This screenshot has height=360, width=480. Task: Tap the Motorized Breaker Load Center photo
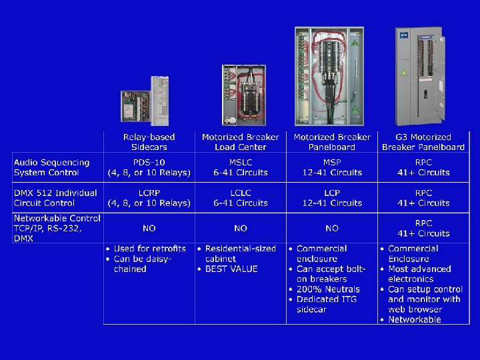tap(243, 95)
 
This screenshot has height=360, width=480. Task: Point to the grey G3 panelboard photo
tap(418, 75)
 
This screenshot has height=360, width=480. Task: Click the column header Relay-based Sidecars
tap(149, 142)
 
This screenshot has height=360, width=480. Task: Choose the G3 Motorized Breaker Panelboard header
tap(423, 142)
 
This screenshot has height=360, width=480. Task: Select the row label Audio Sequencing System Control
tap(52, 167)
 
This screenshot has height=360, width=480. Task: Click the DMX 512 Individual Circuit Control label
tap(55, 198)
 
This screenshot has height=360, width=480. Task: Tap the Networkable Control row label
tap(57, 228)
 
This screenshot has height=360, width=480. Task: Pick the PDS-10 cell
tap(149, 167)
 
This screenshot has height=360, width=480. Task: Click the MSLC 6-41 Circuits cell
tap(241, 167)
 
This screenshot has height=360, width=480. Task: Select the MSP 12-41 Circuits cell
tap(332, 167)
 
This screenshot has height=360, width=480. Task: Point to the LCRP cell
tap(149, 198)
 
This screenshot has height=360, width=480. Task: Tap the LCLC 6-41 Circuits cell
tap(241, 198)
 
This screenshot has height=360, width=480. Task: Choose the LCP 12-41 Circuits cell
tap(332, 198)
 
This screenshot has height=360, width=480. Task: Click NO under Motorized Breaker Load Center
tap(241, 229)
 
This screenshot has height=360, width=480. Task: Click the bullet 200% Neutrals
tap(328, 289)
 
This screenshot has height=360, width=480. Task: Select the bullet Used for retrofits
tap(149, 249)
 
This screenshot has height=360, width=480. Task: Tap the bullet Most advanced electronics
tap(419, 274)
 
